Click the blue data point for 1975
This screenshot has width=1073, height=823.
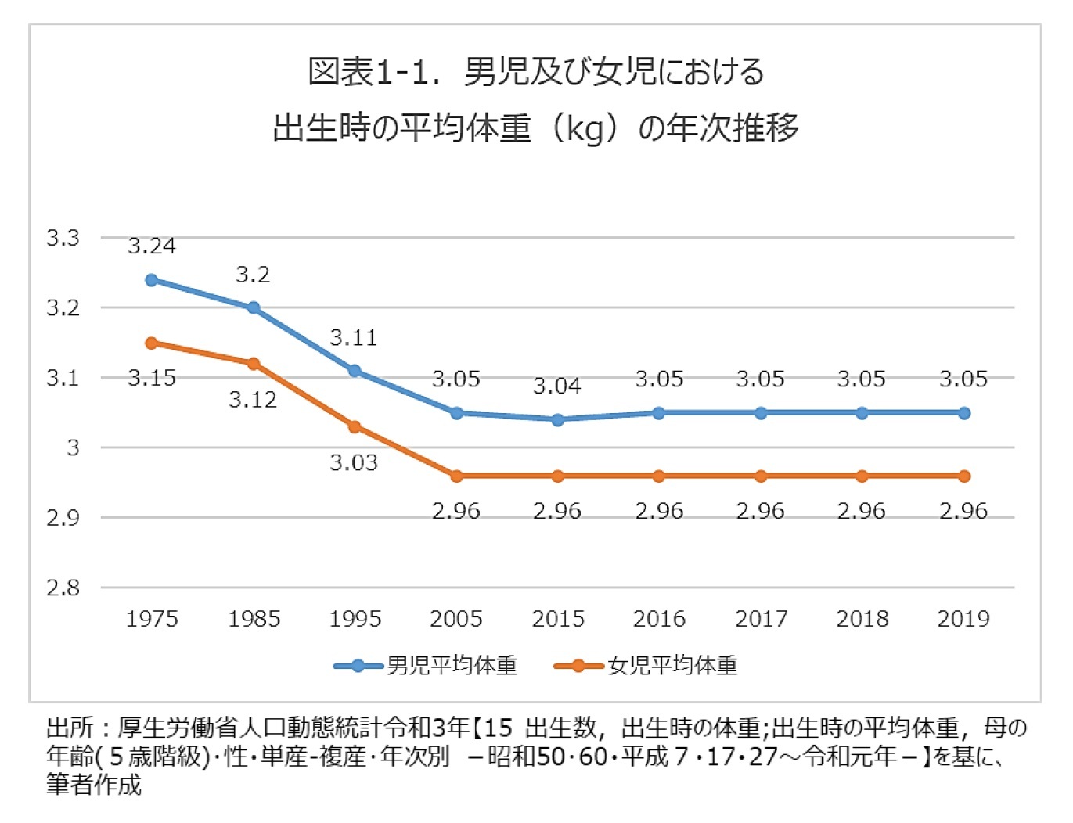coord(152,280)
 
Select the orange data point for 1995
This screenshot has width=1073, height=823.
coord(355,427)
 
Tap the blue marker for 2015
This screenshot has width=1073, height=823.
coord(557,420)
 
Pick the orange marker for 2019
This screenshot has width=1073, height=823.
coord(963,476)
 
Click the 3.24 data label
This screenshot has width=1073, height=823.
coord(152,246)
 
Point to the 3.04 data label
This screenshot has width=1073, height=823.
coord(557,386)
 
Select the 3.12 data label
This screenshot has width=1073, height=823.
coord(253,401)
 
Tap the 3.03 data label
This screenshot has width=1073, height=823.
coord(354,463)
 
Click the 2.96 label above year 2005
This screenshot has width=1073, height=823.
coord(456,512)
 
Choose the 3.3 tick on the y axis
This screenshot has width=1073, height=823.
coord(63,238)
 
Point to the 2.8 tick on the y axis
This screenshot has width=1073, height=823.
coord(63,588)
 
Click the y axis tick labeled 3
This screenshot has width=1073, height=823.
coord(73,448)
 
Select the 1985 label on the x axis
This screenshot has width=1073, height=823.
coord(254,620)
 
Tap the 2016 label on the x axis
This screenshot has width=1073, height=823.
coord(659,620)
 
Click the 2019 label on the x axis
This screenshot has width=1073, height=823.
coord(963,620)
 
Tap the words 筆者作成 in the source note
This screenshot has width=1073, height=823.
coord(94,785)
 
